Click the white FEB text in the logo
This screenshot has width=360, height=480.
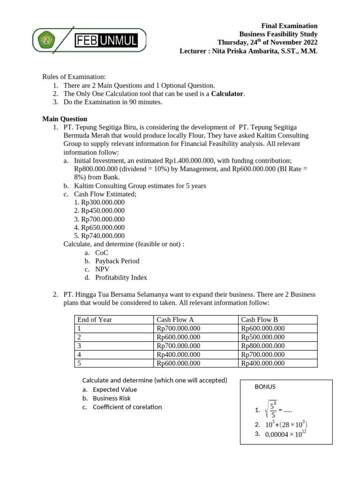coord(87,41)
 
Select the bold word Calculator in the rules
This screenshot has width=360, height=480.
coord(228,94)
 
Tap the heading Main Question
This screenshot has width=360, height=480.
coord(65,119)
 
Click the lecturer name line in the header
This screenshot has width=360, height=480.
coord(248,51)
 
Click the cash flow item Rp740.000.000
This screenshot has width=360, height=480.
coord(103,236)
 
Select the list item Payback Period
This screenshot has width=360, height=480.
coord(117,261)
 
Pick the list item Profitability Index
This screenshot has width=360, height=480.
coord(121,277)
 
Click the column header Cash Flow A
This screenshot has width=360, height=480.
coord(175,320)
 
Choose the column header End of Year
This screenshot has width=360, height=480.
coord(95,320)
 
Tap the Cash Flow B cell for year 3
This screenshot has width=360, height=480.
coord(262,345)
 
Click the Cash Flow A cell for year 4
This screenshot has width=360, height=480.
coord(179,354)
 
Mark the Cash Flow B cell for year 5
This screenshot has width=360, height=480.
coord(262,363)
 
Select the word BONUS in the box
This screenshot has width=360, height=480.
coord(265,387)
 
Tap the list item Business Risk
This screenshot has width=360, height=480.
coord(112,398)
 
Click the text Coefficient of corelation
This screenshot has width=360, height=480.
coord(127,407)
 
